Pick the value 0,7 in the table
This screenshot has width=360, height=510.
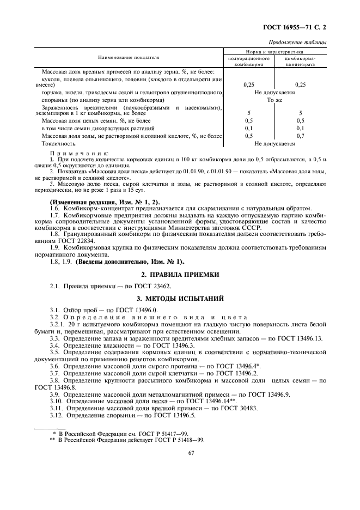300,136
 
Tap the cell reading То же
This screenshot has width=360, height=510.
274,100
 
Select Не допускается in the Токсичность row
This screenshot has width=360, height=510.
274,143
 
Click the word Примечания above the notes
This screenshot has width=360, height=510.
79,154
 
